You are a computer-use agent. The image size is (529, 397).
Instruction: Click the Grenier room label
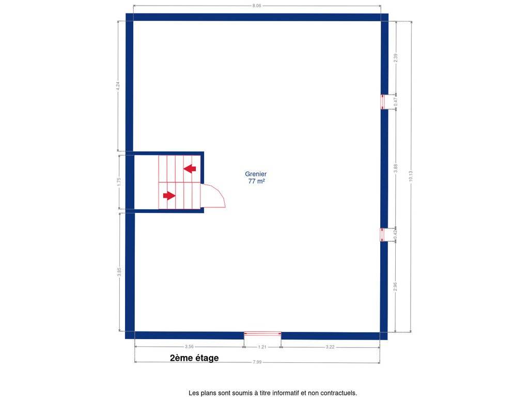pyautogui.click(x=256, y=174)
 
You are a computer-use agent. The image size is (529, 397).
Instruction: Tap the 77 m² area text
pyautogui.click(x=256, y=181)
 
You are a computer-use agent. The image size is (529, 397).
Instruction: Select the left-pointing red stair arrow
pyautogui.click(x=190, y=168)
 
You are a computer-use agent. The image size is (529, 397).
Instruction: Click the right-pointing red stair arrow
pyautogui.click(x=169, y=195)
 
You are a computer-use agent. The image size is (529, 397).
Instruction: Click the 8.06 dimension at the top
pyautogui.click(x=257, y=6)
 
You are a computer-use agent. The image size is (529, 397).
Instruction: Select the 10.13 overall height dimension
pyautogui.click(x=411, y=176)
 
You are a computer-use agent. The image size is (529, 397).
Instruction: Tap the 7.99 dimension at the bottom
pyautogui.click(x=257, y=362)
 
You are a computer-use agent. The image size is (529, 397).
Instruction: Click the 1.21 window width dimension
pyautogui.click(x=262, y=347)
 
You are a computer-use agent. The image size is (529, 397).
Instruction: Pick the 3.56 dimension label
pyautogui.click(x=189, y=346)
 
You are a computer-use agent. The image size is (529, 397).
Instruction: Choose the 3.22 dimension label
pyautogui.click(x=330, y=347)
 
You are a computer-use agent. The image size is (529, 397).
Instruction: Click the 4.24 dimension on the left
pyautogui.click(x=118, y=86)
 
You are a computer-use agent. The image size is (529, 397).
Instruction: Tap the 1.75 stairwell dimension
pyautogui.click(x=119, y=181)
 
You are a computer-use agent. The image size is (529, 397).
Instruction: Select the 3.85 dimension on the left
pyautogui.click(x=119, y=272)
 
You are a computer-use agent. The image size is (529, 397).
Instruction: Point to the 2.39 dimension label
pyautogui.click(x=396, y=58)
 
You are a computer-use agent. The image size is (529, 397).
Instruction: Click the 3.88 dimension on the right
pyautogui.click(x=396, y=169)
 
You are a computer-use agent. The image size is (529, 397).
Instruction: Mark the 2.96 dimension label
pyautogui.click(x=395, y=286)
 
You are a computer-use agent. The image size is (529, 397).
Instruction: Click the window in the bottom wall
pyautogui.click(x=262, y=334)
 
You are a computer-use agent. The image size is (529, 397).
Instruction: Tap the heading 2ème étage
pyautogui.click(x=194, y=358)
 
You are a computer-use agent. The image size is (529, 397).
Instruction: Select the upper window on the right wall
pyautogui.click(x=383, y=102)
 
